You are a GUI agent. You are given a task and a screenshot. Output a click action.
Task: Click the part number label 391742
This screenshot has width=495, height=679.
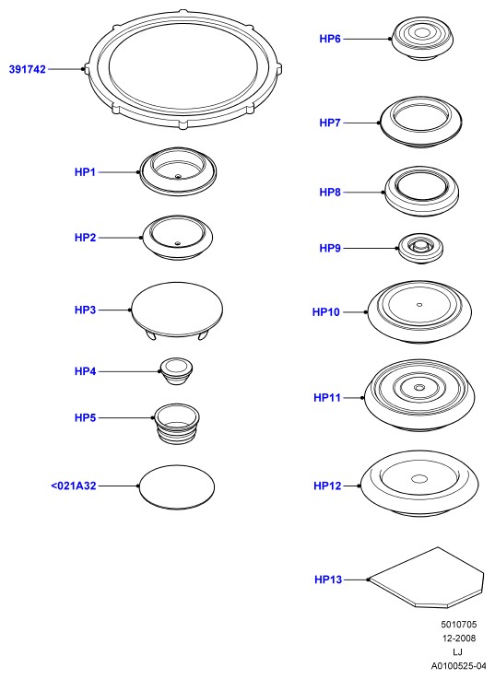(28, 69)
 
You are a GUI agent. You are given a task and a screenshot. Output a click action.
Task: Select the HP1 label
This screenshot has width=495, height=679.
(85, 172)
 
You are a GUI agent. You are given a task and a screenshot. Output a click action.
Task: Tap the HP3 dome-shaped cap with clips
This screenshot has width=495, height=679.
(177, 310)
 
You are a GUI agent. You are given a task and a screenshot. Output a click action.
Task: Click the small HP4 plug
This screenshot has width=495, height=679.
(176, 371)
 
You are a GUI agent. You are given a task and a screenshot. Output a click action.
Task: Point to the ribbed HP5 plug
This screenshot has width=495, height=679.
(176, 424)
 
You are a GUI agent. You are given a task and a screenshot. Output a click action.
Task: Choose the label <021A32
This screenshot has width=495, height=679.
(73, 486)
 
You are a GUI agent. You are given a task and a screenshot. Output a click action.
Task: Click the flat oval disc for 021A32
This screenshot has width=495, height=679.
(177, 486)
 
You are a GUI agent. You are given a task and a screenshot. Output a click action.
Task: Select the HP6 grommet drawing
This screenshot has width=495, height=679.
(422, 38)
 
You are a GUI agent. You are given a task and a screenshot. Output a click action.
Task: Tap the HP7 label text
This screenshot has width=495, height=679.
(330, 123)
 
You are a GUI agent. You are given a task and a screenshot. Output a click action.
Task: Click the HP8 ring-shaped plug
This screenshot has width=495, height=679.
(422, 192)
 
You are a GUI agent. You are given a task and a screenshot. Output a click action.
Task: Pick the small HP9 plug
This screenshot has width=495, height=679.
(420, 248)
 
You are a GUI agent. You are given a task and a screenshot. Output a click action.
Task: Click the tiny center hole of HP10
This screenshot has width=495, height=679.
(419, 304)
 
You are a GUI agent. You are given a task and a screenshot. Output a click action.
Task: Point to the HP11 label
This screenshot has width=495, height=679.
(327, 397)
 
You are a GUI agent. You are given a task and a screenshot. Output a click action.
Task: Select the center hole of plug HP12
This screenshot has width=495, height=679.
(419, 479)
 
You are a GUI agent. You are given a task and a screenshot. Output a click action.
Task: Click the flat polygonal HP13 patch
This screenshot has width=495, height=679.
(426, 578)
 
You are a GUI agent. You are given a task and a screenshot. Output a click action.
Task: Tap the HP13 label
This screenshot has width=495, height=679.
(328, 579)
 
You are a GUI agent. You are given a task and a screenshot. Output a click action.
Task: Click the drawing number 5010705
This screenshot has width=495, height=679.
(459, 624)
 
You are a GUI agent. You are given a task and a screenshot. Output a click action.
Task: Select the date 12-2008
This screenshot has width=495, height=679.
(459, 638)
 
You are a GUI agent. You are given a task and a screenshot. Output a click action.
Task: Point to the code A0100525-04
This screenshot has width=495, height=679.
(459, 665)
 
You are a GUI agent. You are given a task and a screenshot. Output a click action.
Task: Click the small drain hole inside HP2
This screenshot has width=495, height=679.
(177, 243)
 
